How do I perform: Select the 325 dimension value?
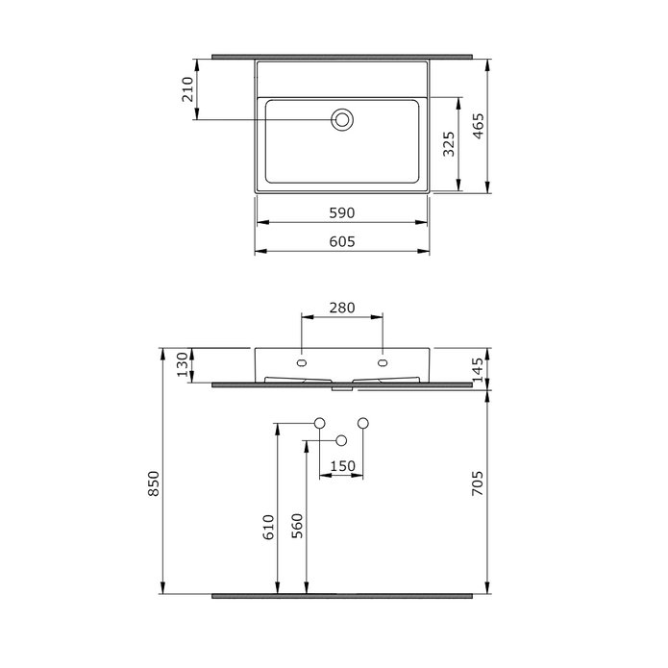coord(448,144)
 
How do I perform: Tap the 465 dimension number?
coord(479,126)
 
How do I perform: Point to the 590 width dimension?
coord(343,212)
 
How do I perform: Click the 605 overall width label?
coord(343,242)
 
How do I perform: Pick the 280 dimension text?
coord(343,308)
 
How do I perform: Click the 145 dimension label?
coord(479,366)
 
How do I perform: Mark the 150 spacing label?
coord(342,466)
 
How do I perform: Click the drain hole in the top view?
coord(342,119)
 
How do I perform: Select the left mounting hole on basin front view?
coord(303,363)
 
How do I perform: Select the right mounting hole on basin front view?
coord(383,363)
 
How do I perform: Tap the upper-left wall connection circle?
coord(320,423)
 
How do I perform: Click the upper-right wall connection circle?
coord(363,423)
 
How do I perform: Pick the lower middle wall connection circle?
coord(341,440)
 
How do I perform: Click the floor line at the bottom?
coord(342,596)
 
